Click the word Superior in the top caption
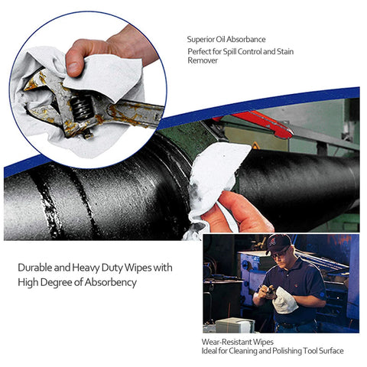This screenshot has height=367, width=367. pos(201,40)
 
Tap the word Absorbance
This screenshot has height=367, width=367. pos(248,40)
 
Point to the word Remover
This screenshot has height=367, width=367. pos(203,60)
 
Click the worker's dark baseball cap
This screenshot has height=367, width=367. pos(278,242)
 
